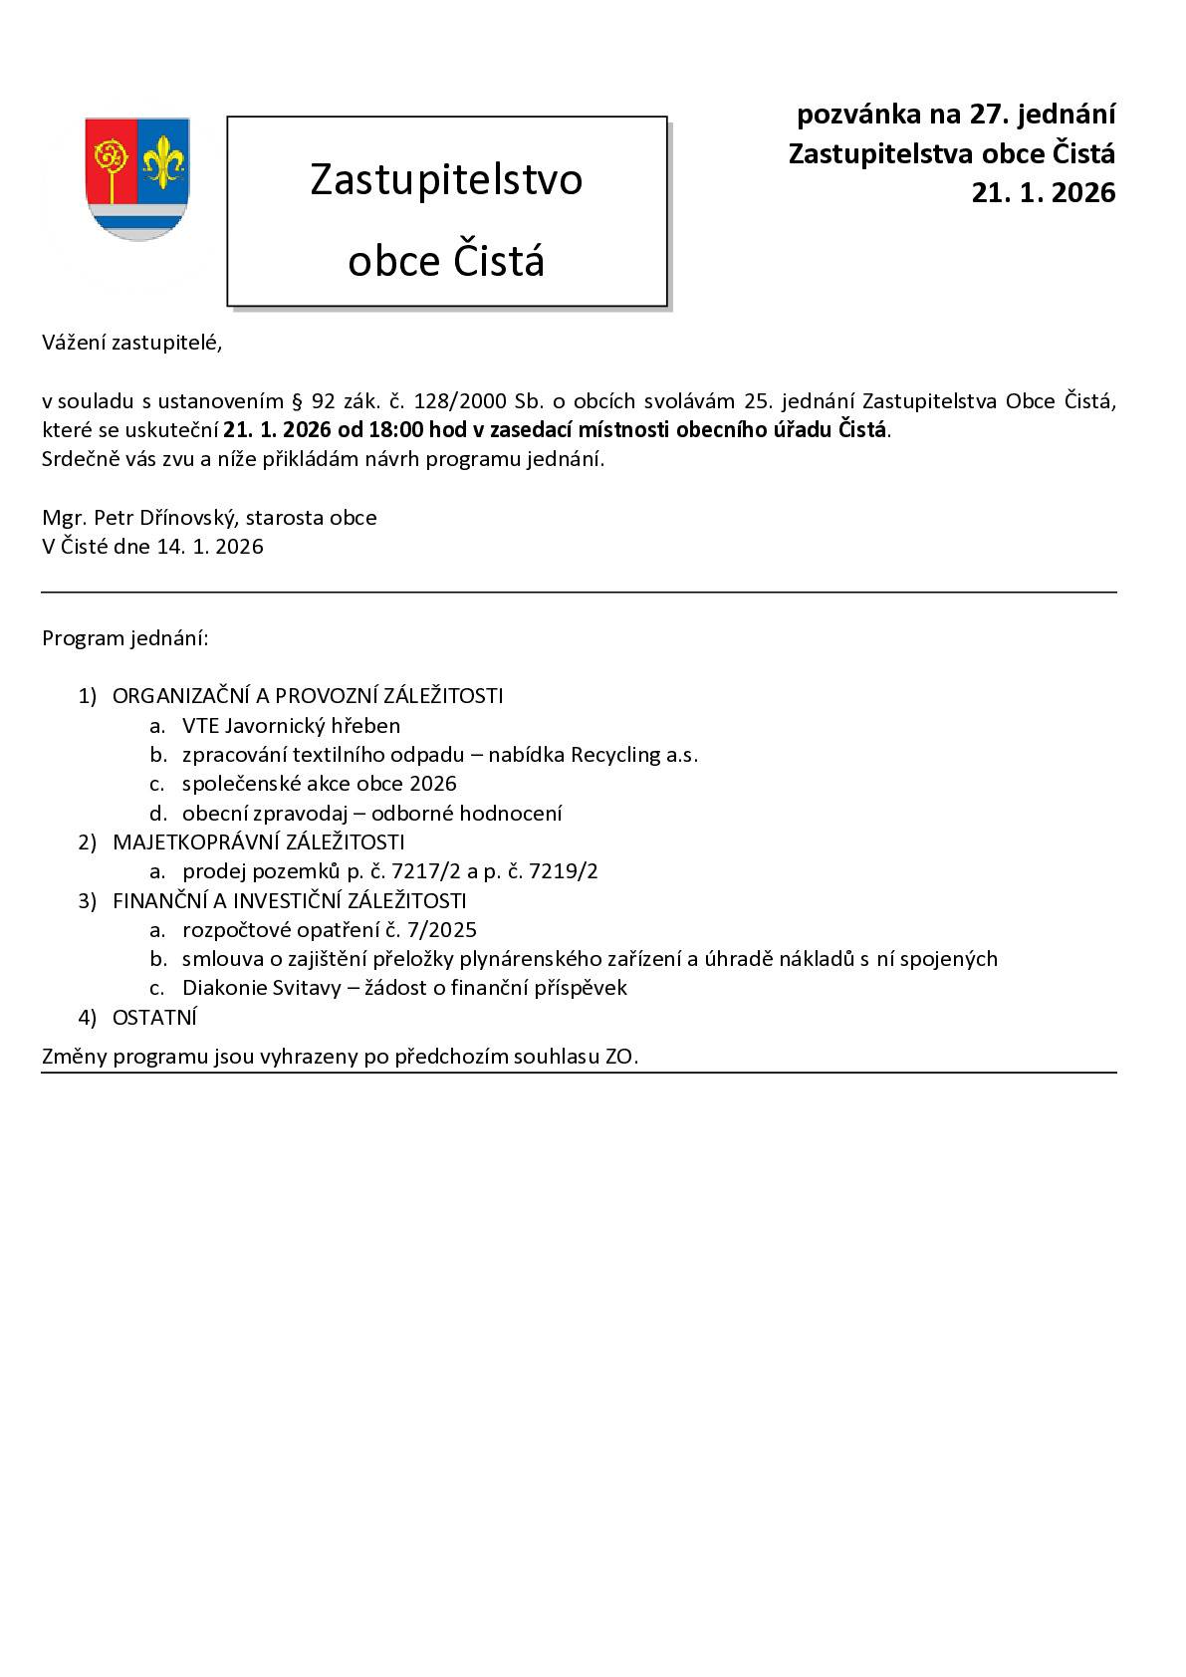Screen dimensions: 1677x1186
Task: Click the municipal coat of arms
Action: (x=136, y=179)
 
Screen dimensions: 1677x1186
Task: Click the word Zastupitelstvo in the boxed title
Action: (x=446, y=179)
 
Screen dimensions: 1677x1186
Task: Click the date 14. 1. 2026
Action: (x=209, y=547)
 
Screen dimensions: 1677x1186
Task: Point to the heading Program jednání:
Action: (x=125, y=638)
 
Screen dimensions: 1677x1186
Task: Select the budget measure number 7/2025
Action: (x=440, y=930)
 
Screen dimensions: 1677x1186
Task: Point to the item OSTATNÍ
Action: (x=154, y=1018)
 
